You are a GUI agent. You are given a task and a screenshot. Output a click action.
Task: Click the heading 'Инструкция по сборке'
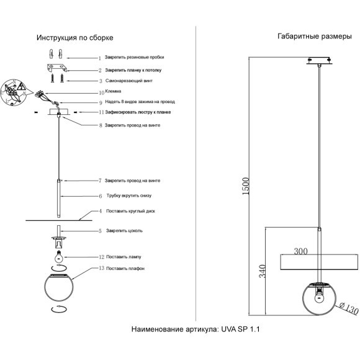click(74, 37)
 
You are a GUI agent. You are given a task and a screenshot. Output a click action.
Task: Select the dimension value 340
click(262, 271)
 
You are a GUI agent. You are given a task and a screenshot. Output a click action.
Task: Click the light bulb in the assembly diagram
click(57, 256)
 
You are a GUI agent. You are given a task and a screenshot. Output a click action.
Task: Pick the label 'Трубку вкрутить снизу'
click(128, 196)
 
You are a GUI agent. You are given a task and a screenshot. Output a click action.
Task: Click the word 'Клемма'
click(114, 92)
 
